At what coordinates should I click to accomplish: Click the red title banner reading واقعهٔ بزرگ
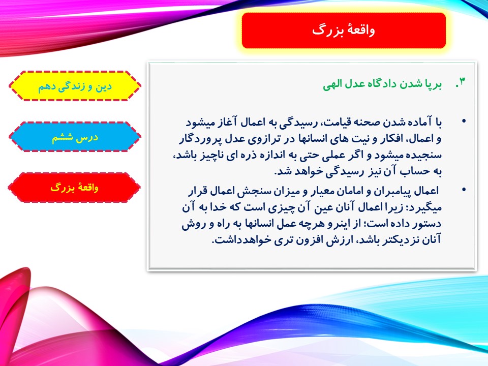pyautogui.click(x=344, y=30)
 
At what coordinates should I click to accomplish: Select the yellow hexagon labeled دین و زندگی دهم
pyautogui.click(x=75, y=86)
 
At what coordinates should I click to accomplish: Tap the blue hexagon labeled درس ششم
pyautogui.click(x=75, y=137)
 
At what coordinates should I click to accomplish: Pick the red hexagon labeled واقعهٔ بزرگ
pyautogui.click(x=74, y=188)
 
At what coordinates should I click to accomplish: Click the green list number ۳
pyautogui.click(x=461, y=82)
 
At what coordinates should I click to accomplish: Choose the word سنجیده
pyautogui.click(x=424, y=156)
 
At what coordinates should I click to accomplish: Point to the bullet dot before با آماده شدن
pyautogui.click(x=464, y=121)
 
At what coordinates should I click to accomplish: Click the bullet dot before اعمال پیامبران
pyautogui.click(x=464, y=189)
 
